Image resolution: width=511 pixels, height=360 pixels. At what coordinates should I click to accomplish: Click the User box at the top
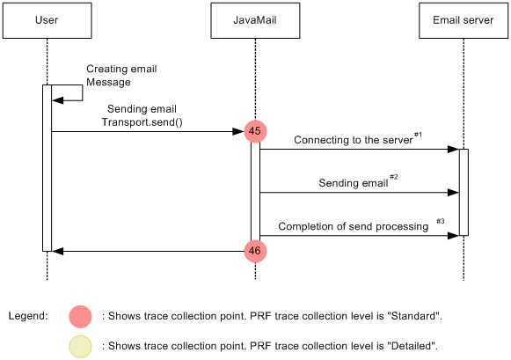47,20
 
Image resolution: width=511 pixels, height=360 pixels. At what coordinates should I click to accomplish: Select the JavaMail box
255,20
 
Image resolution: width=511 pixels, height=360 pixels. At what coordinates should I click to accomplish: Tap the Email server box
463,20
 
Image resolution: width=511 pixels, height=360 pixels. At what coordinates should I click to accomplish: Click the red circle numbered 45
255,132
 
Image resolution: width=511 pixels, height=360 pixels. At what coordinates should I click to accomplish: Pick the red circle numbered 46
255,251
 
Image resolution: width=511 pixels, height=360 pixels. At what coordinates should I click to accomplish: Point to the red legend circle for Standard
80,315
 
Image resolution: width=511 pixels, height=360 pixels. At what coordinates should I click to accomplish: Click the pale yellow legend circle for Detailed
80,346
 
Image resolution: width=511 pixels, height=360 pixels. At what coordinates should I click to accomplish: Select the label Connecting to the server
352,140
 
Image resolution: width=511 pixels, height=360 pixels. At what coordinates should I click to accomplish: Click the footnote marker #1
418,135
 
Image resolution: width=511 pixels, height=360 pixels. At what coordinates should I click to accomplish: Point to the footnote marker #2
393,177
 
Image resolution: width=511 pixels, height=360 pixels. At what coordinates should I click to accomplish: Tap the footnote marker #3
441,221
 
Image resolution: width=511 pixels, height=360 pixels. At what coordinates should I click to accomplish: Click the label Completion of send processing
353,226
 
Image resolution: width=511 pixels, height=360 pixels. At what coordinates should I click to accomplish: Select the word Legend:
27,315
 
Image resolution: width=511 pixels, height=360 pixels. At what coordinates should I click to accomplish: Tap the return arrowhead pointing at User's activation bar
57,251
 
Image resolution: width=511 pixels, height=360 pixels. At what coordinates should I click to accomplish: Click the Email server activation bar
464,192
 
